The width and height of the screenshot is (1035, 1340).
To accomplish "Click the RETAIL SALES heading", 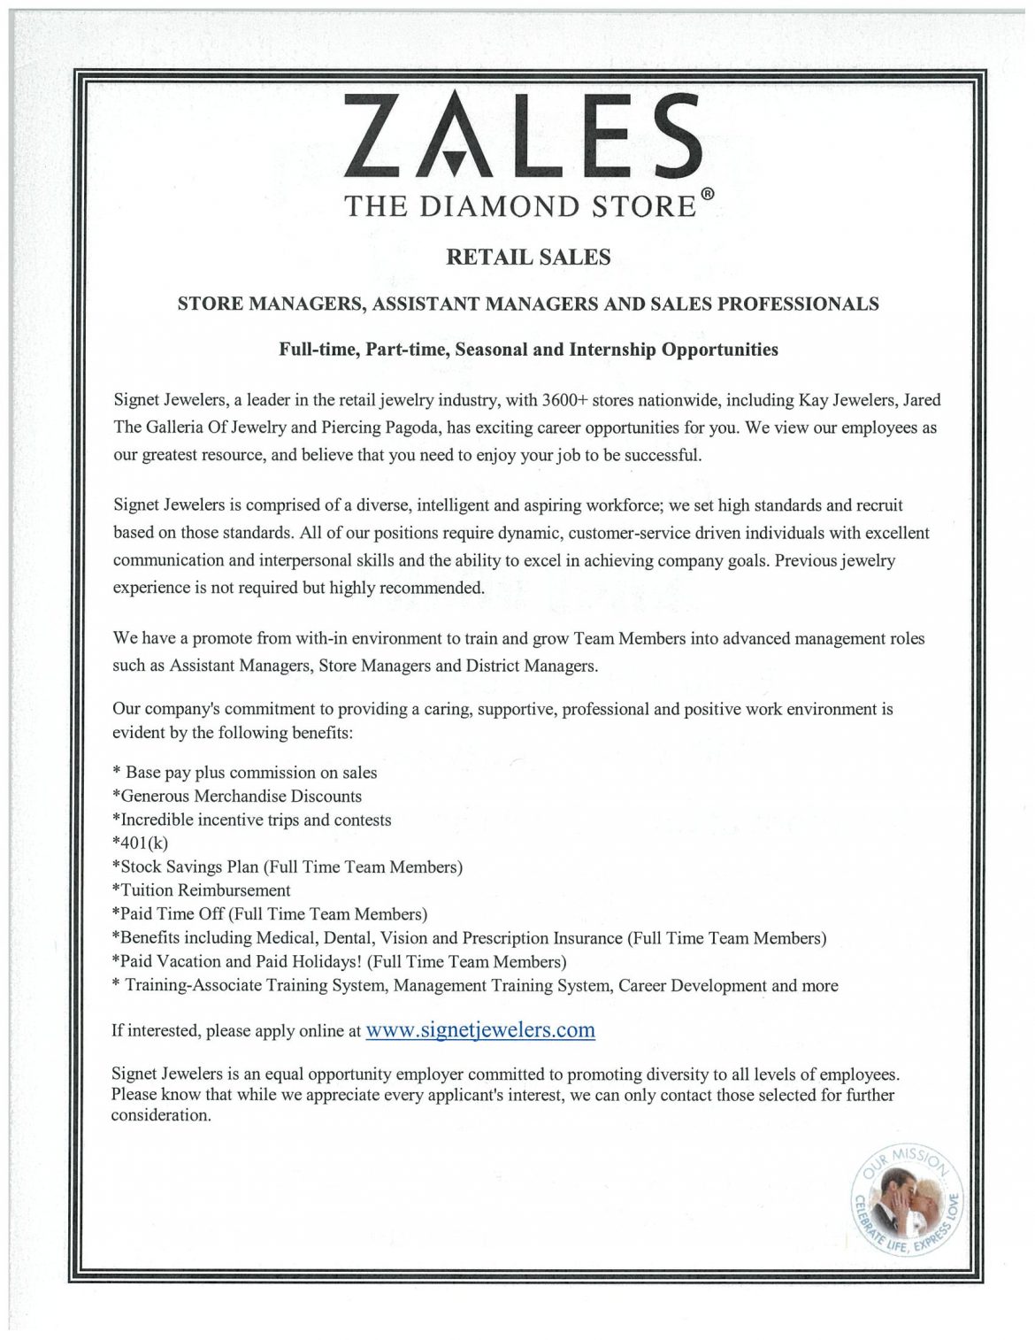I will [528, 258].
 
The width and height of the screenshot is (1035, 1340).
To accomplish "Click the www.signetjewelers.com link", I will [479, 1030].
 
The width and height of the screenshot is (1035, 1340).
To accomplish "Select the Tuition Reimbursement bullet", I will [203, 890].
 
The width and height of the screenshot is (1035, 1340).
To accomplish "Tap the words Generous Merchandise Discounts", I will [239, 797].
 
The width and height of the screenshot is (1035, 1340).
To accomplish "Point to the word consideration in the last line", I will [159, 1115].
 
